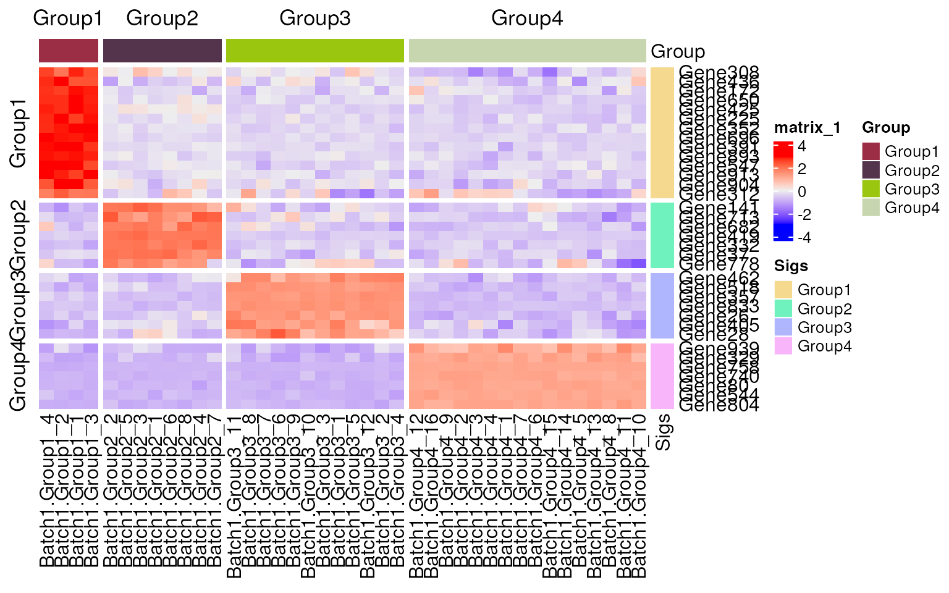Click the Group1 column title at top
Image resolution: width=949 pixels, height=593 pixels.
[x=68, y=18]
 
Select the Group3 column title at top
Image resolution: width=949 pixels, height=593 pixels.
[x=314, y=18]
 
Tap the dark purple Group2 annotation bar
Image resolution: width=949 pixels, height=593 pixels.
[x=162, y=51]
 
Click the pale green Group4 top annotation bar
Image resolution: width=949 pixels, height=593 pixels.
[x=527, y=51]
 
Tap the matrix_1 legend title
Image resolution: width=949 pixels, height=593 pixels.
[x=807, y=128]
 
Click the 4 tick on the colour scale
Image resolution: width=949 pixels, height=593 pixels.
[x=801, y=147]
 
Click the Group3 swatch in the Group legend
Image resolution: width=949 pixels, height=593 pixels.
[x=871, y=189]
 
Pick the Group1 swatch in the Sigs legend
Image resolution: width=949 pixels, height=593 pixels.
[x=783, y=290]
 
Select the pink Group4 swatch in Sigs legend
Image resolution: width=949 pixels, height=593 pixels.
[x=783, y=346]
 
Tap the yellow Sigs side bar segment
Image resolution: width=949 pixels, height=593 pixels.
[x=662, y=132]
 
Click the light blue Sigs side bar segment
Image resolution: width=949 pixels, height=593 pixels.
[x=662, y=306]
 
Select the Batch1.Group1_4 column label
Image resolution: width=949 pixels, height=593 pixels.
[x=46, y=491]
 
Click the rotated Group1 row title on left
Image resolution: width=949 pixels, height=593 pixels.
[x=19, y=137]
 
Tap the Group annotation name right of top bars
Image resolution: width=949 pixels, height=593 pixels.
[x=678, y=51]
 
